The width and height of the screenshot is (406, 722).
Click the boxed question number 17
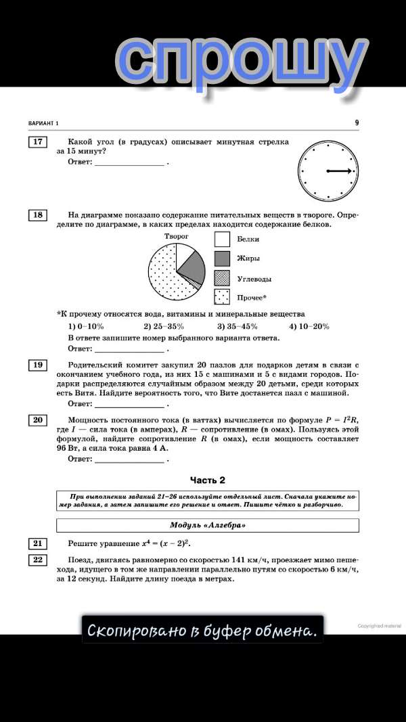point(37,142)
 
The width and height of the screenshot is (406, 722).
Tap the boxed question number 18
point(37,215)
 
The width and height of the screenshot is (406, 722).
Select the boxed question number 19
point(37,365)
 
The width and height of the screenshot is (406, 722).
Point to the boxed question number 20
point(37,420)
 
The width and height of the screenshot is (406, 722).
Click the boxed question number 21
point(37,543)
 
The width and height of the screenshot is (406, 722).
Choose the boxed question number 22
point(37,560)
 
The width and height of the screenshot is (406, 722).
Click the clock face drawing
point(328,171)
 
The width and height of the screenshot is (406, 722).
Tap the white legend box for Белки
point(223,239)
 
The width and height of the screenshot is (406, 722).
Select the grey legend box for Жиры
point(223,258)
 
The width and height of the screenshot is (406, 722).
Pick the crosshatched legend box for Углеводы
point(223,277)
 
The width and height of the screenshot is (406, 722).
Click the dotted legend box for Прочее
point(223,296)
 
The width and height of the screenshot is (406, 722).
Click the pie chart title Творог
point(177,236)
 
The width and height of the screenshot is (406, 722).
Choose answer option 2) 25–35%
point(164,326)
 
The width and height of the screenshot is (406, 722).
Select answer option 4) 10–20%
point(309,326)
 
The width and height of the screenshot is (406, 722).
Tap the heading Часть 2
point(207,480)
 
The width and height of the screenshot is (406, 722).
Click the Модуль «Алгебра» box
point(207,525)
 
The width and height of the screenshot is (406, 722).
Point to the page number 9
point(357,123)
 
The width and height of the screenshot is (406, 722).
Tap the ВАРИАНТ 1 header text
point(44,123)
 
